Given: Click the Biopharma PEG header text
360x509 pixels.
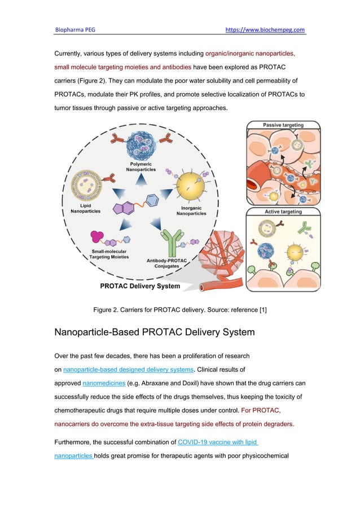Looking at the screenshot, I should click(74, 29).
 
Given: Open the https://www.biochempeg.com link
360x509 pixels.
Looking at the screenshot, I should click(265, 29).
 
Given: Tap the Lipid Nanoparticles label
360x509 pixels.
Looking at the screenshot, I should click(83, 209).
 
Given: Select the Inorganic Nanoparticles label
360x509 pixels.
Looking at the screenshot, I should click(192, 210).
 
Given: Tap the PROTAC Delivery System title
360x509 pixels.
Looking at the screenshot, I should click(140, 286).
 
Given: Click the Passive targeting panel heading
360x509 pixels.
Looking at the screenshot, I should click(283, 125).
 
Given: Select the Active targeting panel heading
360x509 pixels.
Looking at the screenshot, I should click(283, 212).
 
